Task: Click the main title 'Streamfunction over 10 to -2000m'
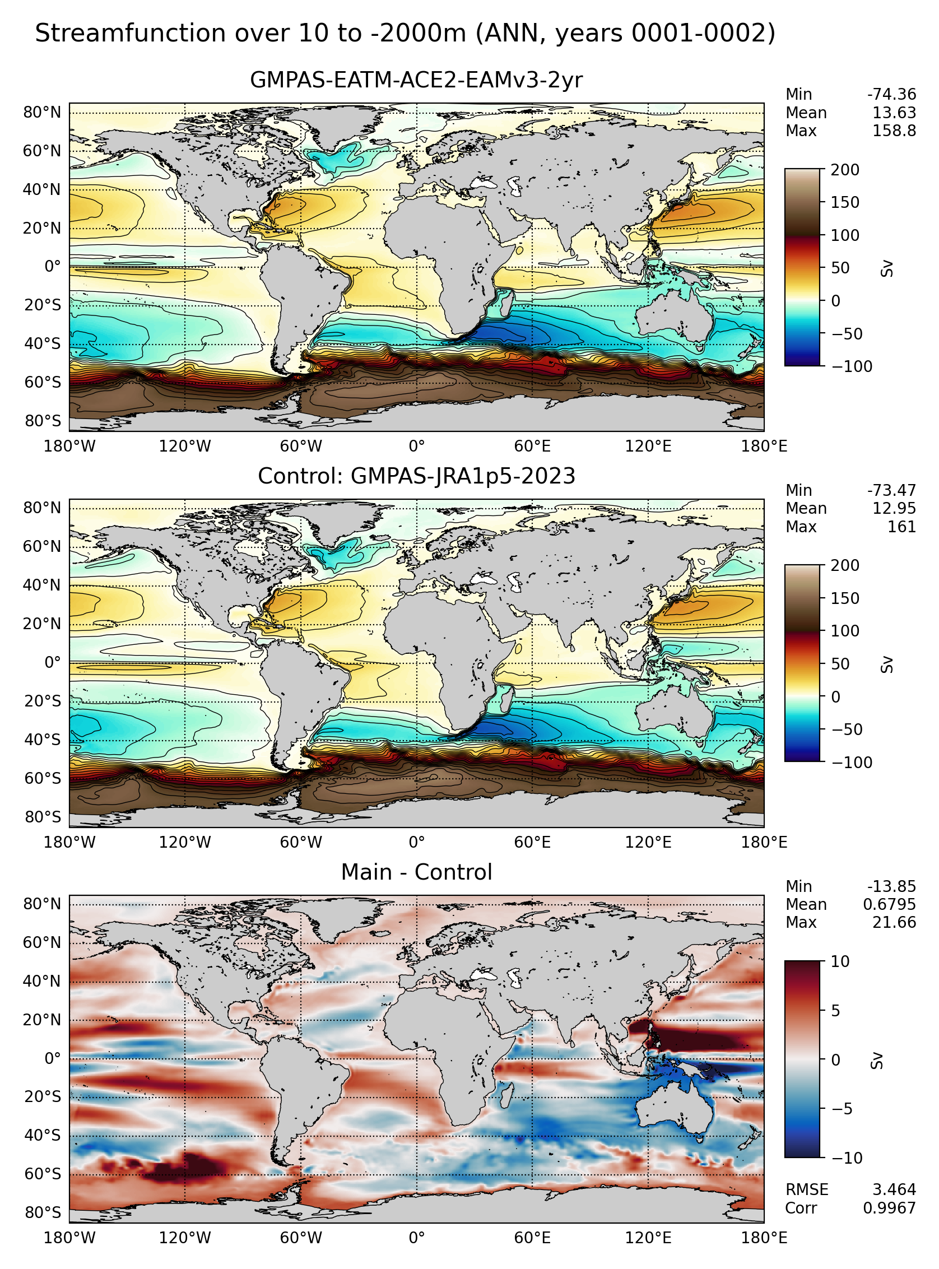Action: click(250, 34)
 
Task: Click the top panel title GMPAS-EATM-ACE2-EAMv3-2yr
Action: click(416, 80)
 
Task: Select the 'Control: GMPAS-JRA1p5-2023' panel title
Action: click(416, 476)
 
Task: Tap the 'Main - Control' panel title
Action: click(416, 872)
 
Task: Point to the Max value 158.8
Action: click(894, 131)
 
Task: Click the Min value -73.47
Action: click(891, 490)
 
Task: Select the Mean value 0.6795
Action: click(890, 904)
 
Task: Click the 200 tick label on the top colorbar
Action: click(845, 169)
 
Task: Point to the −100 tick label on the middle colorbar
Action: click(852, 762)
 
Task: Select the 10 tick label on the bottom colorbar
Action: click(840, 961)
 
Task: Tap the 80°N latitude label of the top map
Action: click(42, 113)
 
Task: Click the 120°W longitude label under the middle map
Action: click(185, 842)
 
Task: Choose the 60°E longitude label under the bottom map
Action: click(532, 1238)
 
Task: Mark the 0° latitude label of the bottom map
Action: click(52, 1058)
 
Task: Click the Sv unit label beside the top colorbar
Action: click(886, 268)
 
